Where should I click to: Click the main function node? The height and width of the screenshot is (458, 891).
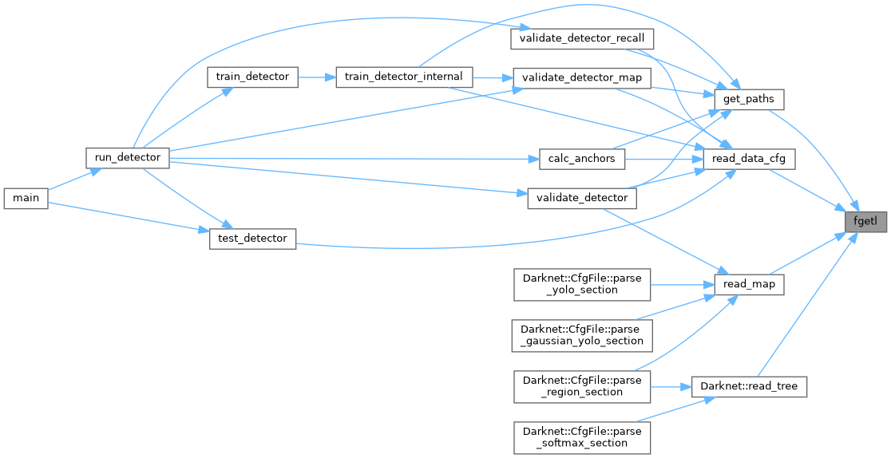26,199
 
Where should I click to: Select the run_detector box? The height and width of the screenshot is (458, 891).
128,157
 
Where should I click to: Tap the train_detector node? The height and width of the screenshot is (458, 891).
252,77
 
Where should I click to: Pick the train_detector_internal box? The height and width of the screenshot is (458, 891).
405,77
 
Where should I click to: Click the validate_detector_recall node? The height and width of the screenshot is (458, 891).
583,38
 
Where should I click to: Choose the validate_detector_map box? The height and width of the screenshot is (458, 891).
581,77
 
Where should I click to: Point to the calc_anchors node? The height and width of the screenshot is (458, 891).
582,158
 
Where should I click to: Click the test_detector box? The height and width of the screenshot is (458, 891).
252,239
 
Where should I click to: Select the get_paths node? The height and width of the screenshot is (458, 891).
748,100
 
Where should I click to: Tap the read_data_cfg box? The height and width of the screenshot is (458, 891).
748,159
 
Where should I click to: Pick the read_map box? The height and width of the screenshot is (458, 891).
748,284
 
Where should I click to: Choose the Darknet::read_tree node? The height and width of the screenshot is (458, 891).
748,386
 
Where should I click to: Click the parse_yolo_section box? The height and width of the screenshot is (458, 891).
582,283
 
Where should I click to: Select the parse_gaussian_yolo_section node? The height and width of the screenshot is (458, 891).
582,335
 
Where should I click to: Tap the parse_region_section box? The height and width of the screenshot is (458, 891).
582,386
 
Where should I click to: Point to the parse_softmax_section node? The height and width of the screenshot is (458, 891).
582,437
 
